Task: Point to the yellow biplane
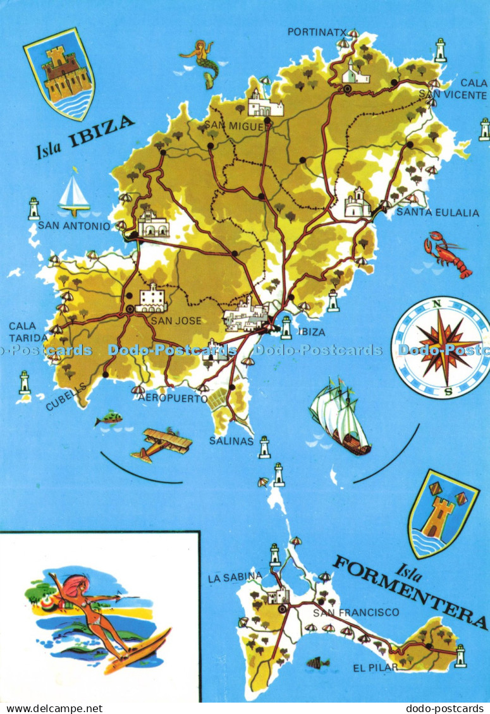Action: (162, 444)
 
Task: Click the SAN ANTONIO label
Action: (74, 225)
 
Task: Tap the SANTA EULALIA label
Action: (438, 213)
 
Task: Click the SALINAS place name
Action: (232, 441)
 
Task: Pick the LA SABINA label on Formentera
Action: (235, 576)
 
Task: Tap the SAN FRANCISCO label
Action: (357, 612)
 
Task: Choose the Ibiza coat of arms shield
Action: (60, 73)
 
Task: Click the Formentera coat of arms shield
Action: (441, 513)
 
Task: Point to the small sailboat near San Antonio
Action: (74, 194)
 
